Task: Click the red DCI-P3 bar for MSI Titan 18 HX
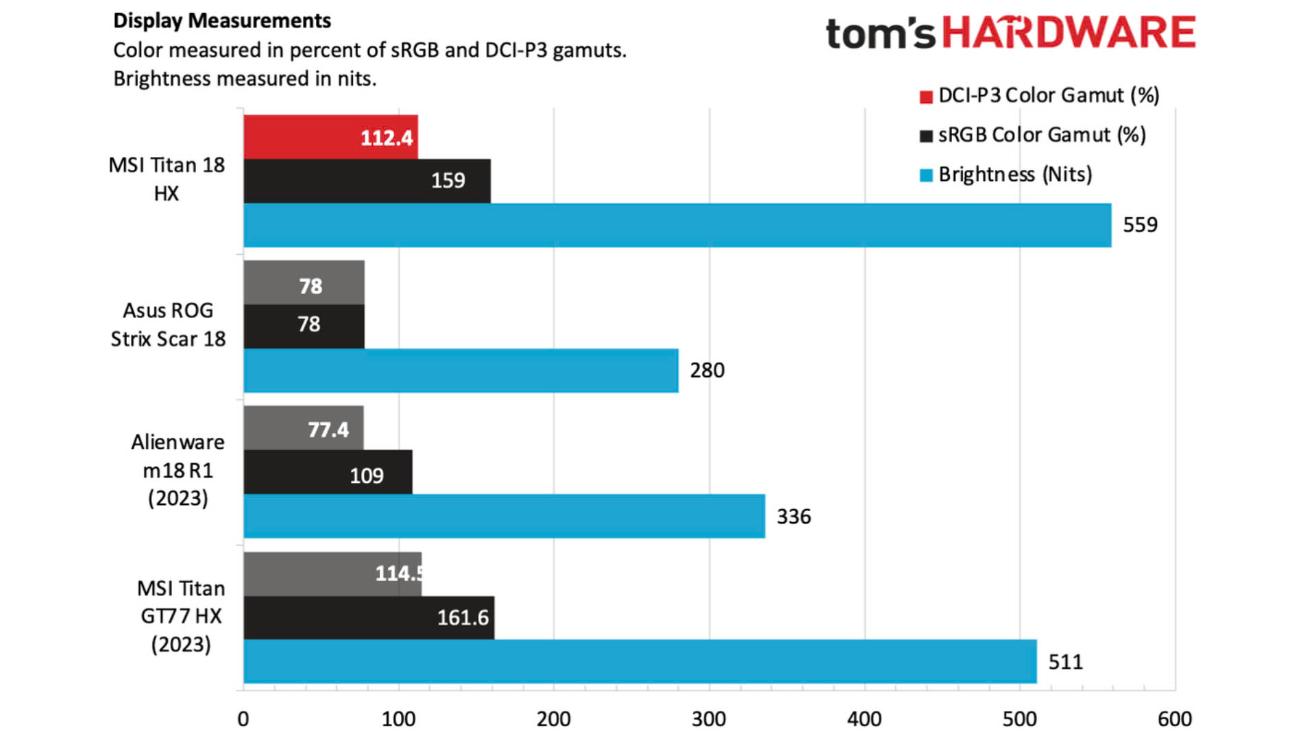pyautogui.click(x=330, y=137)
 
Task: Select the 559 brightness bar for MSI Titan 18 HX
pyautogui.click(x=677, y=225)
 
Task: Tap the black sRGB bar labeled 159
pyautogui.click(x=367, y=181)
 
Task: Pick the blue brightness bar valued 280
pyautogui.click(x=461, y=371)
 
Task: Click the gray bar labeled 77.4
pyautogui.click(x=303, y=428)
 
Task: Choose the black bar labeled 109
pyautogui.click(x=328, y=472)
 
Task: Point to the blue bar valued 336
pyautogui.click(x=504, y=516)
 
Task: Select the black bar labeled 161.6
pyautogui.click(x=369, y=617)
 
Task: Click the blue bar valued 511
pyautogui.click(x=639, y=661)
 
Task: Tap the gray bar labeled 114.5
pyautogui.click(x=332, y=573)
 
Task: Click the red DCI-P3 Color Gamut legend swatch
pyautogui.click(x=926, y=97)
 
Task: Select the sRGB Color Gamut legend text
pyautogui.click(x=1041, y=135)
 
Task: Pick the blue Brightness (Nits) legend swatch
pyautogui.click(x=926, y=175)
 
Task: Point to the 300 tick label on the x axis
pyautogui.click(x=709, y=719)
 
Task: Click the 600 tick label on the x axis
pyautogui.click(x=1175, y=719)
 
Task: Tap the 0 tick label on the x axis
pyautogui.click(x=243, y=719)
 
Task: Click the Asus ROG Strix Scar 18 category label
pyautogui.click(x=168, y=325)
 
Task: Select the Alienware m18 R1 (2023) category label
pyautogui.click(x=178, y=470)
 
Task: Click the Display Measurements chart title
pyautogui.click(x=222, y=21)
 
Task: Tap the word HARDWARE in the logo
pyautogui.click(x=1069, y=33)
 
